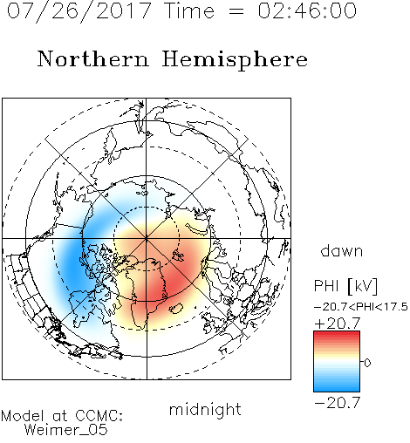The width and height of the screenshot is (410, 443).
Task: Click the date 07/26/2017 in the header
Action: pos(79,11)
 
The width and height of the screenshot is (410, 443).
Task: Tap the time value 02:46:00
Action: pos(307,10)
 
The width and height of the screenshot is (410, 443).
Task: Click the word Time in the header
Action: pos(189,10)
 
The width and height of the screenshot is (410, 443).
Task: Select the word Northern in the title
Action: pos(93,58)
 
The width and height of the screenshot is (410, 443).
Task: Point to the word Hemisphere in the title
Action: pos(235,59)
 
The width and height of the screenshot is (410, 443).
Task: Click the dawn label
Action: pos(342,250)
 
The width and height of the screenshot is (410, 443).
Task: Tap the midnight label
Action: pos(205,409)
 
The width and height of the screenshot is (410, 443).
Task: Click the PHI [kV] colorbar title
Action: pos(345,286)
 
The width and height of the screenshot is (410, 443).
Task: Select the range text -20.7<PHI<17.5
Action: pos(361,307)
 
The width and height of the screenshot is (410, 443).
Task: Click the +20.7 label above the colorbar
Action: pos(338,324)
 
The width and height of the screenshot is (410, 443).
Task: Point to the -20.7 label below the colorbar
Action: pos(338,403)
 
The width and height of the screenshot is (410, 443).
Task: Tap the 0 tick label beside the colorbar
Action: pos(367,363)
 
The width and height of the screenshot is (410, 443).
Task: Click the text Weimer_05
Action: pos(66,430)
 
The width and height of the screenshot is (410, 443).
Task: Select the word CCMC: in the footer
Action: pos(99,416)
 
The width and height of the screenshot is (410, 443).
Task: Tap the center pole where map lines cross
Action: pos(147,238)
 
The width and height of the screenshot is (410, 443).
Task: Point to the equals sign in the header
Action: pos(236,11)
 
